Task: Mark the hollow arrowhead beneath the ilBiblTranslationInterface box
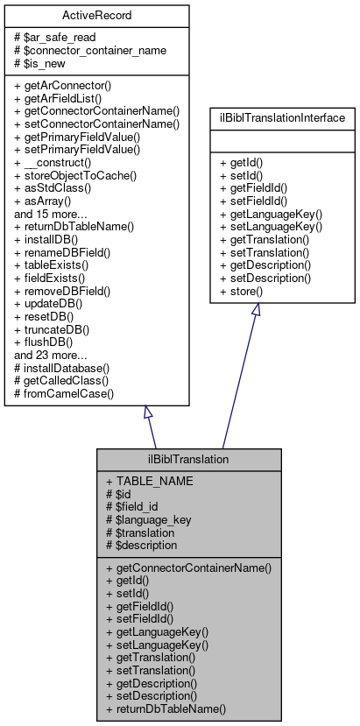pyautogui.click(x=257, y=311)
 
